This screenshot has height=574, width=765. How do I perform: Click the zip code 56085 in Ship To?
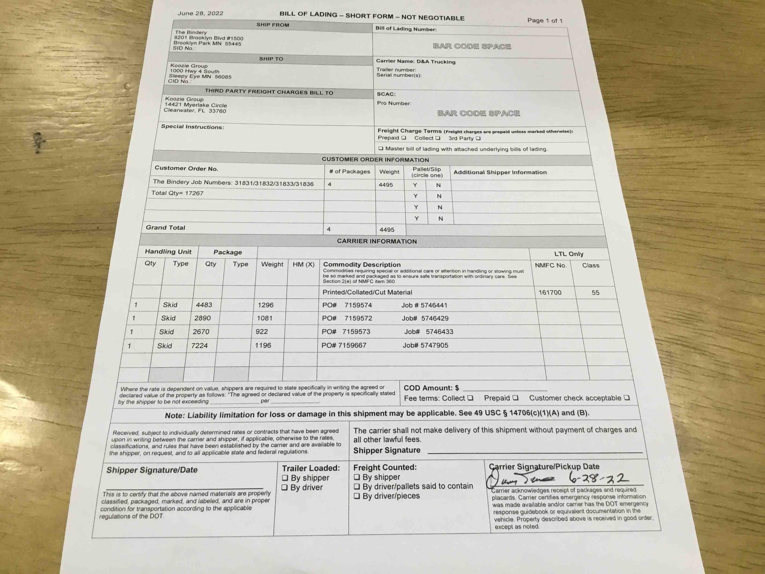[223, 77]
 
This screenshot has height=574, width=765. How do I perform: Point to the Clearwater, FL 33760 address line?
[195, 111]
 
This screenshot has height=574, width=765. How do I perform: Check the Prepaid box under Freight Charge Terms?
[404, 138]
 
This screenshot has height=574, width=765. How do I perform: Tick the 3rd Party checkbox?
[478, 138]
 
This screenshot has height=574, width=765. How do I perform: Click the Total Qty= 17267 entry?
[177, 193]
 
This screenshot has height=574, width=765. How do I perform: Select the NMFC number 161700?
[550, 292]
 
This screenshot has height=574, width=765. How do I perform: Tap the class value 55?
[595, 293]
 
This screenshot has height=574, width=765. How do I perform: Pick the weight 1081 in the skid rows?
[265, 318]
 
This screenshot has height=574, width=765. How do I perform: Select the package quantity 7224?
[199, 345]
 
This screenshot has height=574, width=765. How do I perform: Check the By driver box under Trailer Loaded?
[285, 487]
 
